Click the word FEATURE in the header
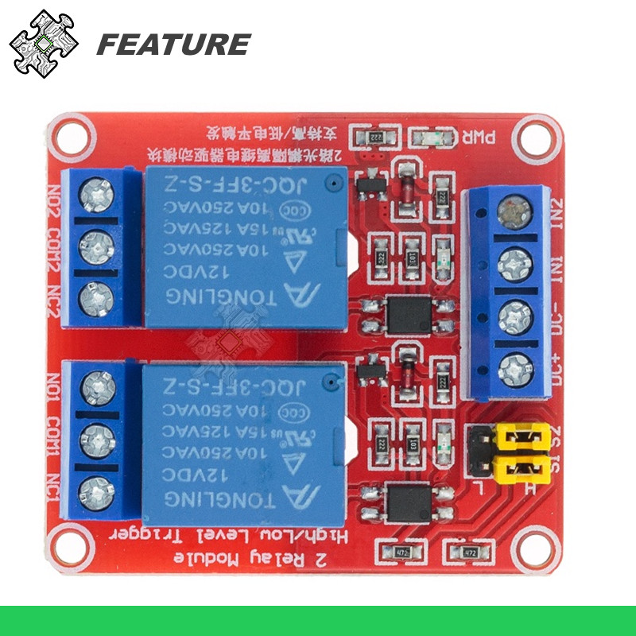tap(173, 45)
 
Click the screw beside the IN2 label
tap(514, 211)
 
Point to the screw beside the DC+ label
tap(514, 369)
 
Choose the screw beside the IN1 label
tap(514, 263)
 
